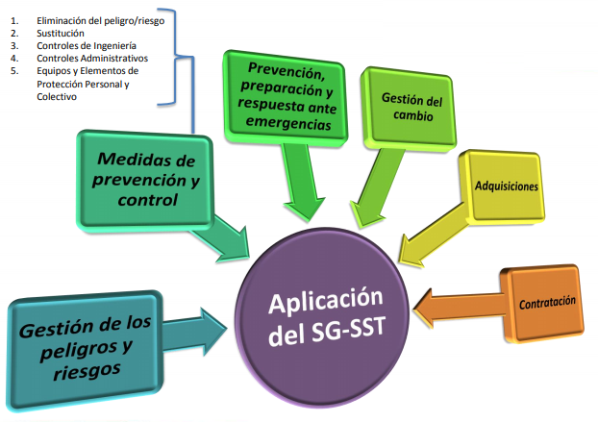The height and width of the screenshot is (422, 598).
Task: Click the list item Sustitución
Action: click(61, 33)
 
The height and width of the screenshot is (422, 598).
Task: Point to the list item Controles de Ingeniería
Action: click(86, 45)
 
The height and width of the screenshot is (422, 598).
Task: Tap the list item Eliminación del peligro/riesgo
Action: click(96, 19)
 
